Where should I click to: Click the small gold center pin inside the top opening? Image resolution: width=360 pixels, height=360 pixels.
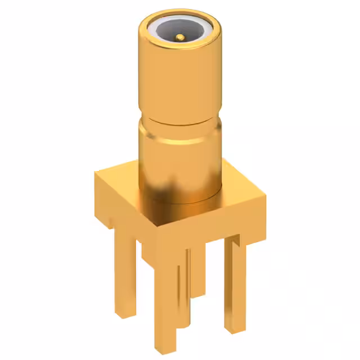pyautogui.click(x=179, y=37)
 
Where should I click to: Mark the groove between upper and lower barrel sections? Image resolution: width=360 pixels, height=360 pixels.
pyautogui.click(x=179, y=125)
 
